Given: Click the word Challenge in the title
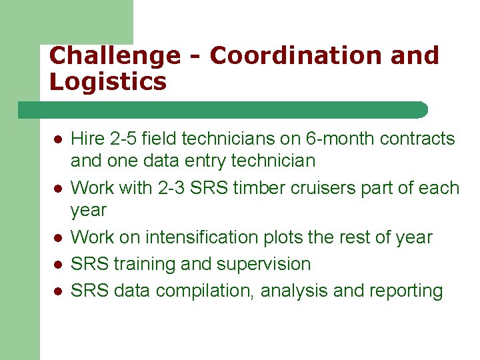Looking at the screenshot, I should click(115, 56).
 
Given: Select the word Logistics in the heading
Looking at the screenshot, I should click(107, 83).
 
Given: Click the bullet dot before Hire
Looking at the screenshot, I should click(58, 140).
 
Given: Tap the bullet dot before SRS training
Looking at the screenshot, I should click(58, 265).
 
